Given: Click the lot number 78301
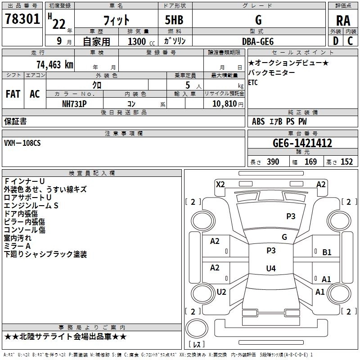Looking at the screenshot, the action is [22, 19].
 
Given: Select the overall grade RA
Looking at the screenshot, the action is [343, 21].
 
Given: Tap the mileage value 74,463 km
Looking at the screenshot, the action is [55, 65].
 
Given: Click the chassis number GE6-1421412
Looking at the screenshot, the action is [302, 143].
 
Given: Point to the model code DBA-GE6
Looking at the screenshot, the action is [258, 41].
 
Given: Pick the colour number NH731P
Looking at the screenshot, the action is [74, 104].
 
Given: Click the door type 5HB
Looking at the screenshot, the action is [174, 20].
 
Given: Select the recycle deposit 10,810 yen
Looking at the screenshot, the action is [228, 104].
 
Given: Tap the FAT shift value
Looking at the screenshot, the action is [13, 94].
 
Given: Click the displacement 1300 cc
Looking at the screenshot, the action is [141, 41].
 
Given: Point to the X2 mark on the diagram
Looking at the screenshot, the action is [220, 184].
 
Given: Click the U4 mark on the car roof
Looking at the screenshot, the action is [271, 268].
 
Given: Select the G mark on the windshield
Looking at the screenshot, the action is [284, 237].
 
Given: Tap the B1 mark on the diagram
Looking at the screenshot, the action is [327, 252].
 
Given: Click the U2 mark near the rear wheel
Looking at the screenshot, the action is [221, 292].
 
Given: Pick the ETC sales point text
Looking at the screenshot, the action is [253, 82].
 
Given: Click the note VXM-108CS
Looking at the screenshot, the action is [22, 143].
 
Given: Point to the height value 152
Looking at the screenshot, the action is [346, 162].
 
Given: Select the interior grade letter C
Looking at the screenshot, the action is [350, 41].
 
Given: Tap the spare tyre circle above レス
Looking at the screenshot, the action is [197, 328].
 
